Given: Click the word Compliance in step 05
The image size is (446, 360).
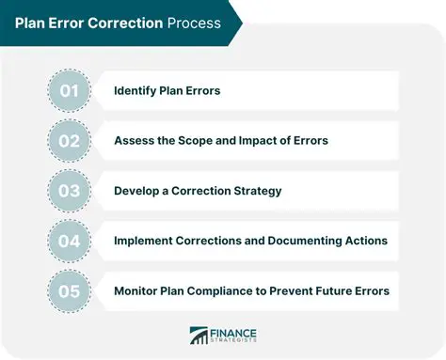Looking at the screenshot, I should tap(239, 290).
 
